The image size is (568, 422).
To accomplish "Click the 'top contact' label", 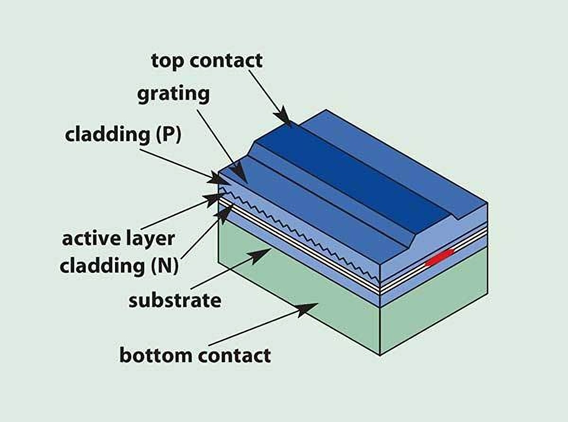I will [206, 61].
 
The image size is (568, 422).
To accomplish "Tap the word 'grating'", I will [173, 94].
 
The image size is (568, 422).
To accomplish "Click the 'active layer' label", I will [118, 238].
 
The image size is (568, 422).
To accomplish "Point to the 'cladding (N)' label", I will [119, 266].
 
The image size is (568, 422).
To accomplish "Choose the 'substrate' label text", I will [175, 300].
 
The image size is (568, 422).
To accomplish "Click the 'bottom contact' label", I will [195, 355].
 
